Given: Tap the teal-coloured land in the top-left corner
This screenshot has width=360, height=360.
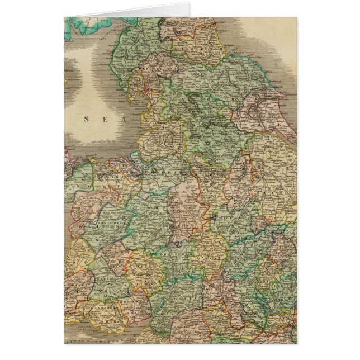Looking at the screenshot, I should pyautogui.click(x=84, y=25).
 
